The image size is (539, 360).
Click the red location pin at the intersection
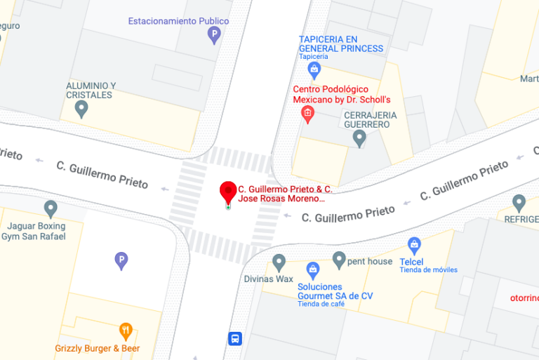227,192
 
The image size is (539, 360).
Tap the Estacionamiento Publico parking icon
214,34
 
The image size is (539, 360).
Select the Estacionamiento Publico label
178,21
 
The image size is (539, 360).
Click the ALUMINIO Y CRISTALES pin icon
81,109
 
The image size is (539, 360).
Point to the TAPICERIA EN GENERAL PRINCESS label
341,44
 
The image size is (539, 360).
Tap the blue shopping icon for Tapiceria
314,69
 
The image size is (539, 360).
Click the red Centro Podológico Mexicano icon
307,114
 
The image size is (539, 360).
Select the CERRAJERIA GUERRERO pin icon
359,138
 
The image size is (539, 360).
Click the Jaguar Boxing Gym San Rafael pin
51,208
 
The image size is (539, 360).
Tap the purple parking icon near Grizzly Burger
121,261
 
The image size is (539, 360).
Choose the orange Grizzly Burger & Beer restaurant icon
126,331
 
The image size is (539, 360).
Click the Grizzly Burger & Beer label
98,348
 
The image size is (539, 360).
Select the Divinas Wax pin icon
279,262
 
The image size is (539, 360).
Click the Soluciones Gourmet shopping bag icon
313,269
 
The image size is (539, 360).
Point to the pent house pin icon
339,260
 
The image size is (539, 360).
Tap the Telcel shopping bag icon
414,246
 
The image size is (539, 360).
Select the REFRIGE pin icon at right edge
519,204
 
